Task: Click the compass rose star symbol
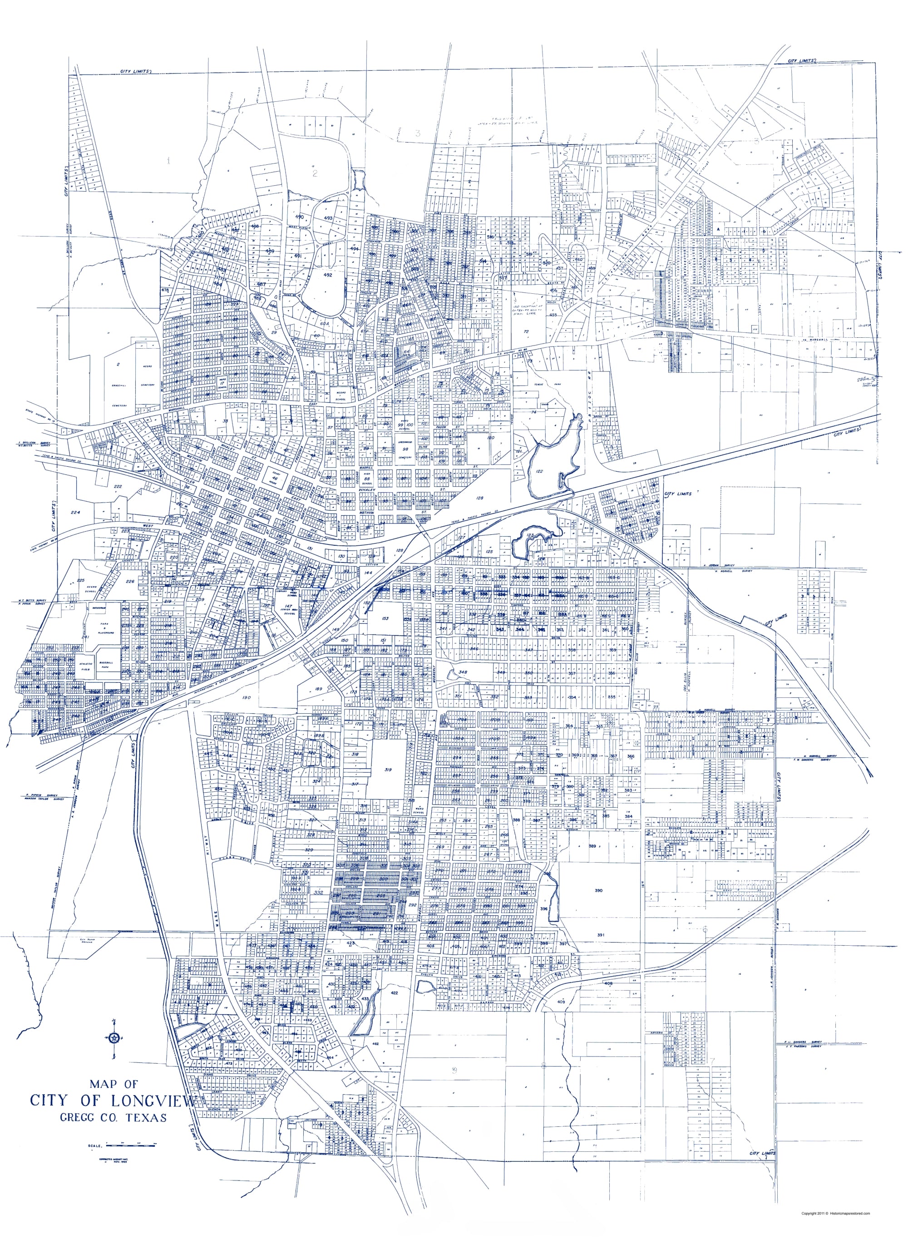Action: click(x=114, y=1038)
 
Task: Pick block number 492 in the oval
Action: click(x=328, y=275)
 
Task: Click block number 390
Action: click(x=598, y=890)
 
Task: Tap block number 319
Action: click(x=388, y=770)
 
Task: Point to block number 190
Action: click(x=246, y=697)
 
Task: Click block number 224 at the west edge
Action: click(x=75, y=512)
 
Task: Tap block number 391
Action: click(x=600, y=934)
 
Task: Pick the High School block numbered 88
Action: click(x=365, y=479)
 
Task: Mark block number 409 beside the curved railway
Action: click(x=561, y=1002)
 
